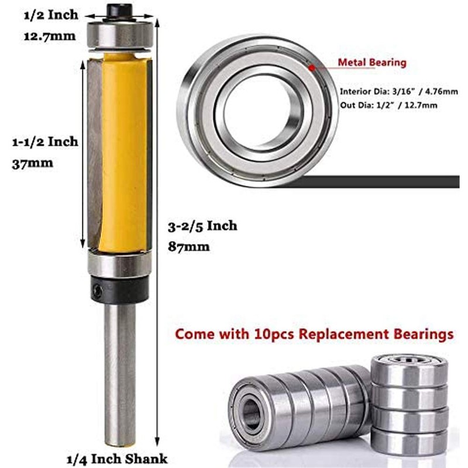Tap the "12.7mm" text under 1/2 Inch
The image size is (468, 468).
pos(49,36)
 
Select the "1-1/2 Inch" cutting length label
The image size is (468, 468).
pos(46,142)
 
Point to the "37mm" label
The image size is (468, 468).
pos(33,163)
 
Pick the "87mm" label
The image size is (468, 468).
pos(188,246)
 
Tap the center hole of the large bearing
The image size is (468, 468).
pos(257,111)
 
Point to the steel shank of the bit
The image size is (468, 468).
pos(120,374)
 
